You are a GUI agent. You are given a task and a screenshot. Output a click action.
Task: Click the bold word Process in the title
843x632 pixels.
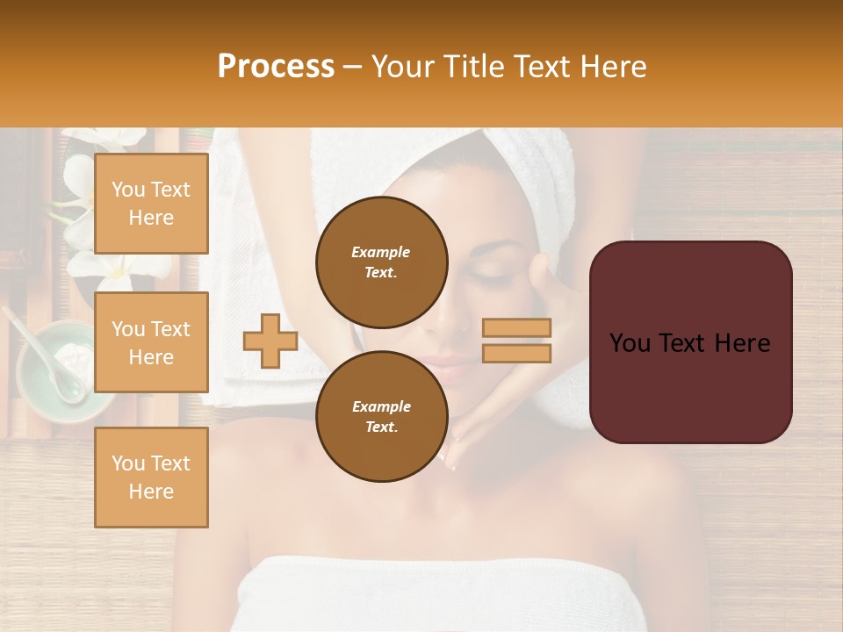[276, 67]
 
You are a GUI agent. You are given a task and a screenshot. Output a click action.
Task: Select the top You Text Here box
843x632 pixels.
[151, 204]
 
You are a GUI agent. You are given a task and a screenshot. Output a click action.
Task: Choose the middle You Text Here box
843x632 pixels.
[151, 342]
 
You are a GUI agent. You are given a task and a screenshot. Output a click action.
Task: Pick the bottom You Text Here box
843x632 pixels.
[151, 477]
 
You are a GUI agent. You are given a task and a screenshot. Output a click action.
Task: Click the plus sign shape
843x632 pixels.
[270, 341]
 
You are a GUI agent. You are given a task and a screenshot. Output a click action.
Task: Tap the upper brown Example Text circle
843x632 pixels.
[381, 262]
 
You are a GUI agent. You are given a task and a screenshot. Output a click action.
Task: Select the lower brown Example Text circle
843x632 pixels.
[381, 417]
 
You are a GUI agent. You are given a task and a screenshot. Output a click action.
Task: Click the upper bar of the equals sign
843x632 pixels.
[517, 328]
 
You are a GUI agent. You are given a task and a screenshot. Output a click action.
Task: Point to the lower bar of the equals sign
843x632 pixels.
[517, 353]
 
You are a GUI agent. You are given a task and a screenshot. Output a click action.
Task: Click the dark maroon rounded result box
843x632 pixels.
[690, 342]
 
